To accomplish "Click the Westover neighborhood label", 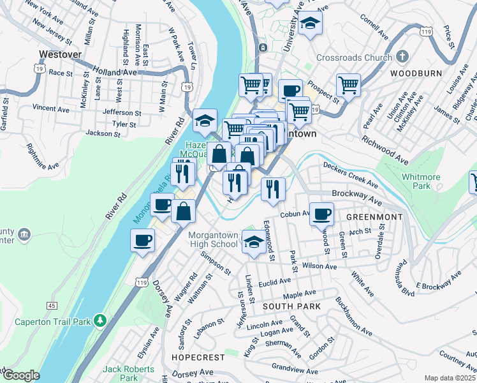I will [x=60, y=55].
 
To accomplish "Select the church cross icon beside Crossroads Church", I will [x=402, y=57].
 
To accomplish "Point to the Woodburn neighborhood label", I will [x=416, y=73].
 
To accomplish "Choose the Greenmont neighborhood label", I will [x=374, y=217].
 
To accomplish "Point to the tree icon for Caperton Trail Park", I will [x=99, y=320].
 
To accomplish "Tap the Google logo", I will [x=21, y=375].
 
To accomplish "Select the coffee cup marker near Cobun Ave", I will [x=322, y=214].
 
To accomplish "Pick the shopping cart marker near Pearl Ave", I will [x=348, y=84].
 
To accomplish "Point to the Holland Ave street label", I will [x=115, y=71].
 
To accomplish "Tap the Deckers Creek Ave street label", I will [x=351, y=176].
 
